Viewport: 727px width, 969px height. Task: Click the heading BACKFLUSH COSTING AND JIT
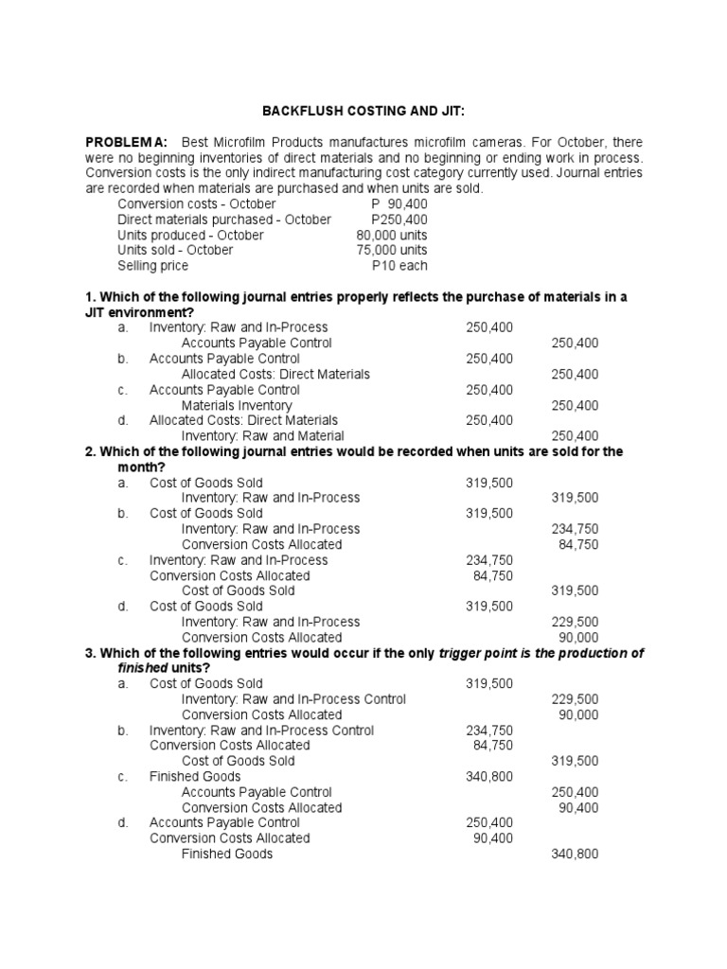click(x=363, y=111)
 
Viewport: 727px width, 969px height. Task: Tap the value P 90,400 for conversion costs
click(x=399, y=203)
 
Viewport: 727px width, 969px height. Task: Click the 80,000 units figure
click(x=392, y=235)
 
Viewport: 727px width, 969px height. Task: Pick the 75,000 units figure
click(x=392, y=250)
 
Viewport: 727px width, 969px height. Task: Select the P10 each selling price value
click(x=400, y=266)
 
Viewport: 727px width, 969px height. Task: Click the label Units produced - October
click(x=190, y=235)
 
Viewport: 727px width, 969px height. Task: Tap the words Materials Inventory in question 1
click(x=237, y=405)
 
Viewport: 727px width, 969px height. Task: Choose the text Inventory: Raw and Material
click(x=258, y=436)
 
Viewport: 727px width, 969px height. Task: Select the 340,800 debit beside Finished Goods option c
click(x=489, y=777)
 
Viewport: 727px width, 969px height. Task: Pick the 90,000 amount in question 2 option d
click(x=578, y=637)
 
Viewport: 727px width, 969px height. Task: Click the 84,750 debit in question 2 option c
click(x=493, y=575)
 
